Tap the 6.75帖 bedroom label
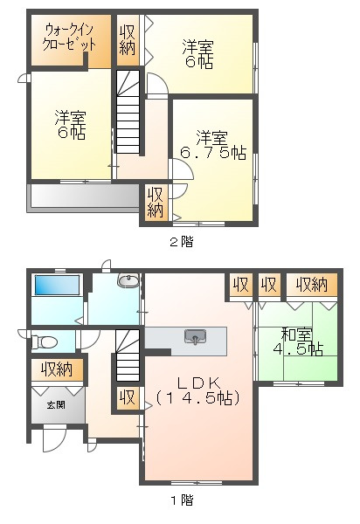coord(212,145)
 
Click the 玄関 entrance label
coord(55,403)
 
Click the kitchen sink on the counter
coord(193,336)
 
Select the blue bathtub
coord(56,285)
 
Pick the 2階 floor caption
coord(181,242)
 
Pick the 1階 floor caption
coord(181,500)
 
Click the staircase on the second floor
coord(128,114)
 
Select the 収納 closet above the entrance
coord(58,370)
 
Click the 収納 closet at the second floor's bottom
coord(156,203)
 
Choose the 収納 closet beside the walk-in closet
coord(128,39)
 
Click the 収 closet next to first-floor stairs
coord(128,397)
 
